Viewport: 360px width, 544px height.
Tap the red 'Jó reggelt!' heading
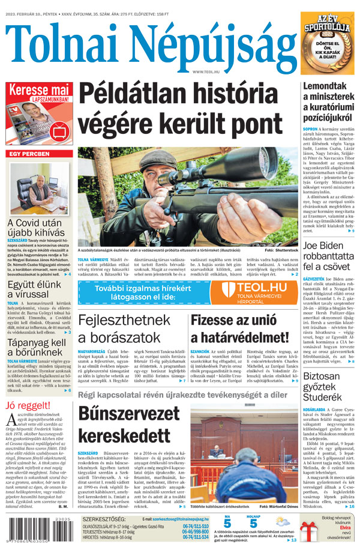[24, 405]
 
